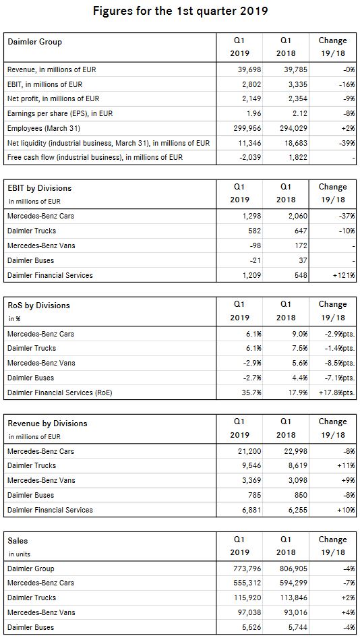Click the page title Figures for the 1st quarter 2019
click(x=180, y=11)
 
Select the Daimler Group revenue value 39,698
click(x=249, y=69)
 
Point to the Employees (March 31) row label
click(x=44, y=129)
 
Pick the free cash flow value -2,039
click(x=250, y=158)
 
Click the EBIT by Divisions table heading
click(x=40, y=188)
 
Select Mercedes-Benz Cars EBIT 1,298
click(x=251, y=216)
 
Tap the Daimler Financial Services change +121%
click(x=343, y=276)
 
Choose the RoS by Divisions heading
click(x=39, y=306)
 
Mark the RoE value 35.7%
click(x=251, y=393)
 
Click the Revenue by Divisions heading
click(x=47, y=424)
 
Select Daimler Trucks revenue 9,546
click(x=251, y=466)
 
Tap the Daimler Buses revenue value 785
click(x=255, y=496)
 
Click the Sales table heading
click(x=18, y=542)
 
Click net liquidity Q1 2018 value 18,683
click(x=296, y=143)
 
